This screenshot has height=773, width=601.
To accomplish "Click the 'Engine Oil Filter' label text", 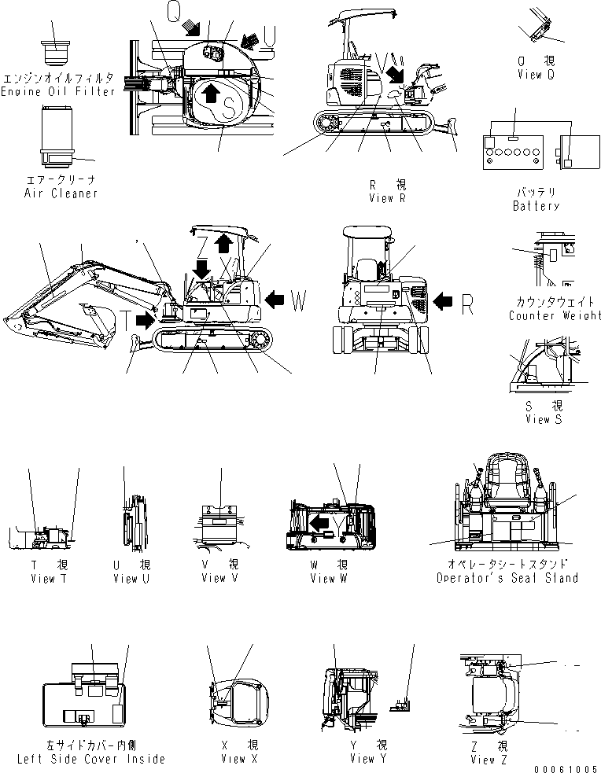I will (57, 91).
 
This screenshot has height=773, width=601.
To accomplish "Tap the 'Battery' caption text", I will (536, 206).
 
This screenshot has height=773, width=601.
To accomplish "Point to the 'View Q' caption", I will (536, 75).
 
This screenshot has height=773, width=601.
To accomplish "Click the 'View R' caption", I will (387, 198).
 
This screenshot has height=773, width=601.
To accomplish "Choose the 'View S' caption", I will (544, 420).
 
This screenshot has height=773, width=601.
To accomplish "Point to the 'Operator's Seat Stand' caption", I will (507, 578).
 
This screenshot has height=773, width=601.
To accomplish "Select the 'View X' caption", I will (234, 759).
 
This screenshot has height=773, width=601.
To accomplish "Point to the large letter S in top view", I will (229, 109).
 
